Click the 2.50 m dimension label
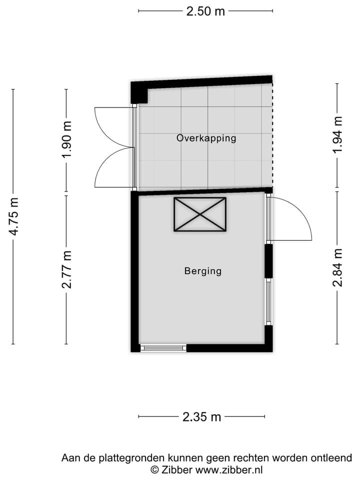click(205, 11)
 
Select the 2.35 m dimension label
click(201, 416)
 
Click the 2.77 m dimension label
click(66, 269)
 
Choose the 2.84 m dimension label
click(338, 267)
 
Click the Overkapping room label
click(206, 138)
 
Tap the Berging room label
click(202, 271)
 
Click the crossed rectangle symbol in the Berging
click(200, 214)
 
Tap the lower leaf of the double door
click(111, 167)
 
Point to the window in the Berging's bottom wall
click(163, 347)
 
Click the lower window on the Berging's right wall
click(268, 301)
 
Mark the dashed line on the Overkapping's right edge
click(272, 135)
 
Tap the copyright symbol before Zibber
click(155, 469)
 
